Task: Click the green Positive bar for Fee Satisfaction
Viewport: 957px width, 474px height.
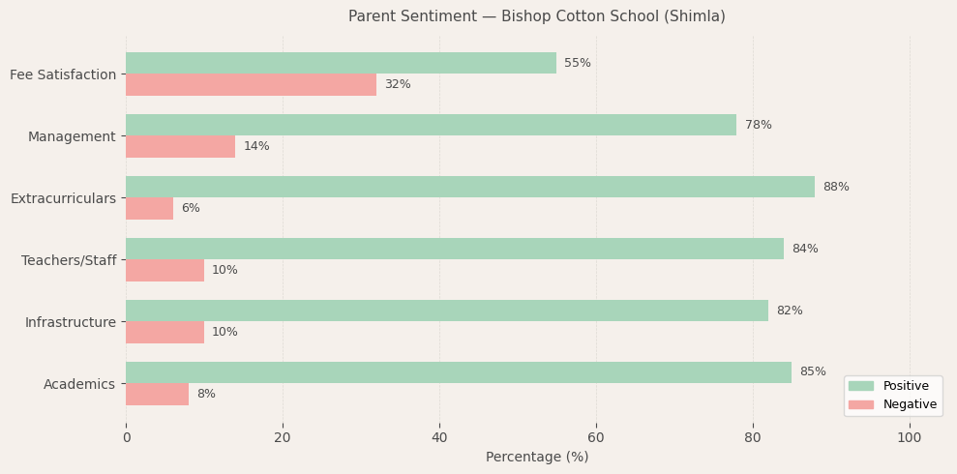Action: click(x=341, y=63)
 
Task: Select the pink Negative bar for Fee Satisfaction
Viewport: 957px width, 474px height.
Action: click(x=251, y=84)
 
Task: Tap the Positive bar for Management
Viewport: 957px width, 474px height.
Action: click(x=431, y=125)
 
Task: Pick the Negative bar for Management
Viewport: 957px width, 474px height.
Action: click(x=180, y=146)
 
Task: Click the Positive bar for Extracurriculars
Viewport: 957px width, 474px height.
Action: click(x=470, y=187)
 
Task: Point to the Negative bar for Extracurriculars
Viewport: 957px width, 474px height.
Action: click(x=149, y=208)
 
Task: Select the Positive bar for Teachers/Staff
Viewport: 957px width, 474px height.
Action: click(x=455, y=249)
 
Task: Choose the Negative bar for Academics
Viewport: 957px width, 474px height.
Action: click(x=157, y=394)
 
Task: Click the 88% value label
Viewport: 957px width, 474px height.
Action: click(x=836, y=187)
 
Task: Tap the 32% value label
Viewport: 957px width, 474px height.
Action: click(x=398, y=84)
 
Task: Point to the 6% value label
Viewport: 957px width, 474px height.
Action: click(x=191, y=208)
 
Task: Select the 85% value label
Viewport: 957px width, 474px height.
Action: click(x=813, y=372)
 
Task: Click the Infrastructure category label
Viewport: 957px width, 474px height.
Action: click(x=71, y=322)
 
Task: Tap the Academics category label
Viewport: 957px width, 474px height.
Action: click(x=79, y=384)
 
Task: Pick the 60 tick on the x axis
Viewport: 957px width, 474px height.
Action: click(x=596, y=437)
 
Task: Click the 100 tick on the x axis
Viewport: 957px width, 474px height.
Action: click(x=910, y=437)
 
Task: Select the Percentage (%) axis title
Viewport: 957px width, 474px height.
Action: click(x=537, y=457)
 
